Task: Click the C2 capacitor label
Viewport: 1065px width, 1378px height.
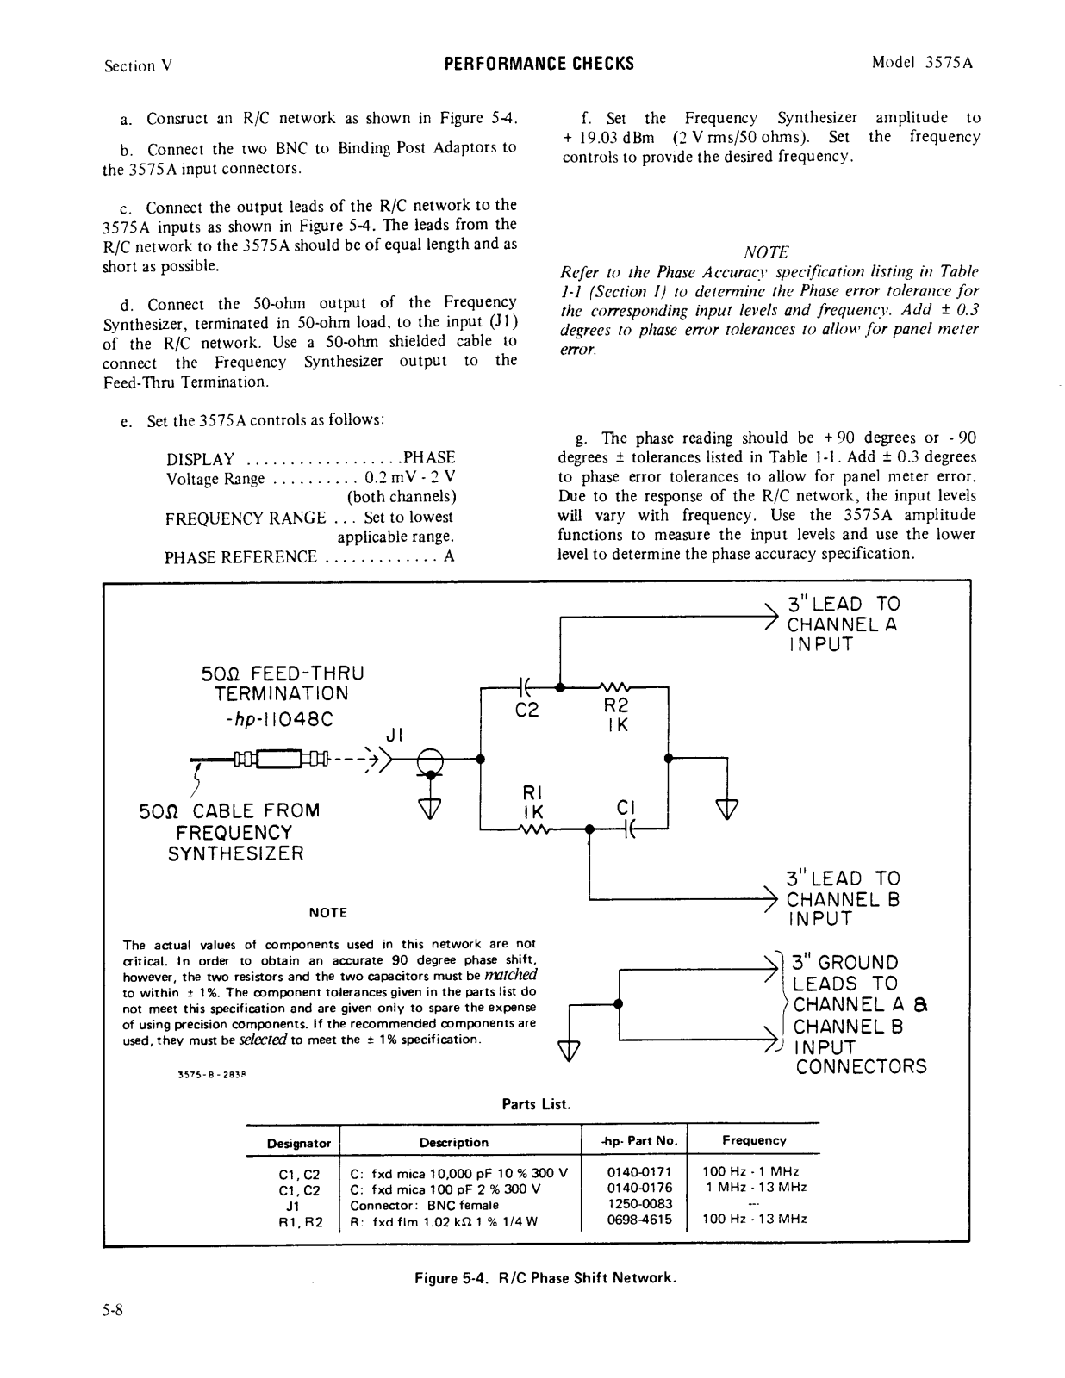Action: click(x=526, y=711)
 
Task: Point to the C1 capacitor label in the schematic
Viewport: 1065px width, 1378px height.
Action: click(x=626, y=809)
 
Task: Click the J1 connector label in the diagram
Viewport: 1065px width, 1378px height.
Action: click(x=395, y=736)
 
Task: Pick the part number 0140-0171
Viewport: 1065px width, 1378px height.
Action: click(x=639, y=1171)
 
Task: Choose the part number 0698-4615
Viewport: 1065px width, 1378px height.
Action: click(x=639, y=1219)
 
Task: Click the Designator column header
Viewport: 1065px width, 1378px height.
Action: click(x=299, y=1143)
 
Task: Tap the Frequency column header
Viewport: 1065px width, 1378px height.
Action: click(x=754, y=1140)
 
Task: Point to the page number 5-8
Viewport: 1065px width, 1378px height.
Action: click(x=114, y=1311)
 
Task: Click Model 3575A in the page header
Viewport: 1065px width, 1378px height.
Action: click(x=922, y=63)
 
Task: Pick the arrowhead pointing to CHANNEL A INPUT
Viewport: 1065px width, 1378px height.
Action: click(x=772, y=617)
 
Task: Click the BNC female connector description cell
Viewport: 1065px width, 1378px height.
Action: click(x=424, y=1204)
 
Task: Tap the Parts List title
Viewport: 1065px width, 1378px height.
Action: click(x=536, y=1104)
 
